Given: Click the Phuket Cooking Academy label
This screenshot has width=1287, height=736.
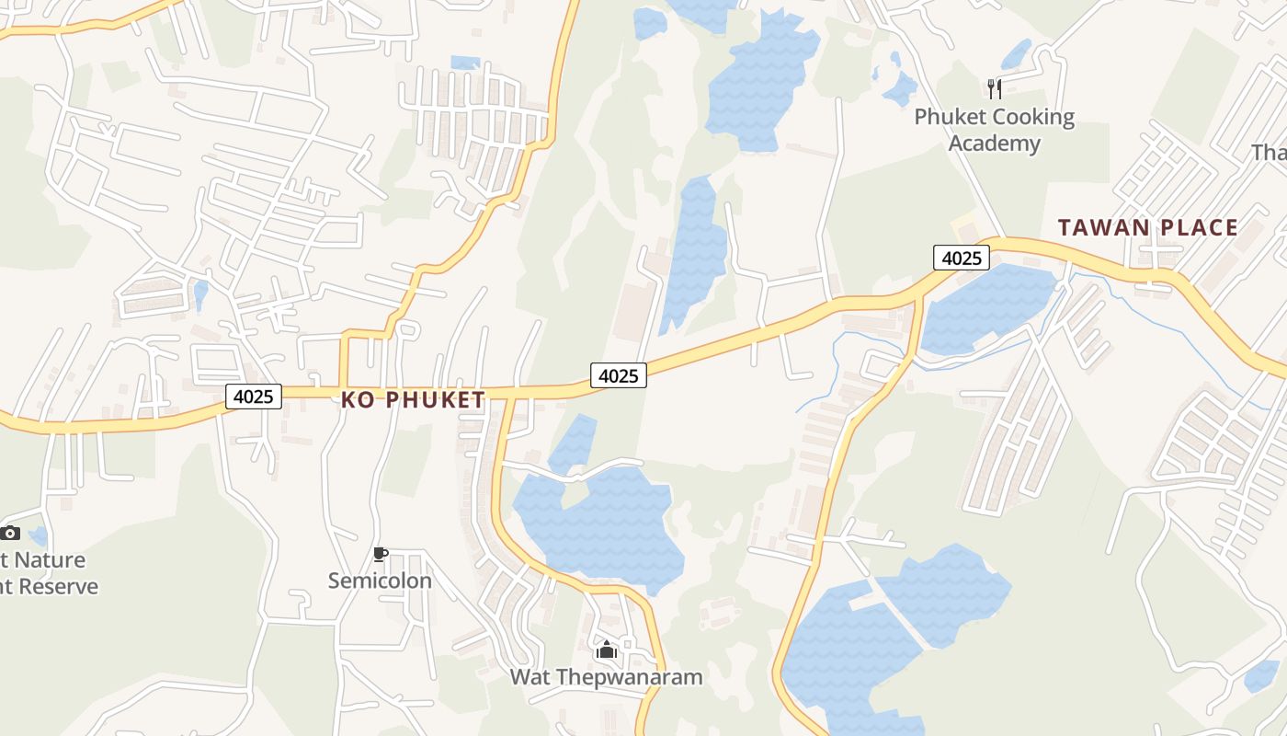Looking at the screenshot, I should tap(994, 130).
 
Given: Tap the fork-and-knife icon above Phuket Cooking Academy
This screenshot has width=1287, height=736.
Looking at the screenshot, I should tap(994, 88).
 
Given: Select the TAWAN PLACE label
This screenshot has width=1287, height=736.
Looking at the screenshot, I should tap(1147, 227).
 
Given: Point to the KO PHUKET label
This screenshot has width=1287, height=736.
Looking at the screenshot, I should tap(413, 399).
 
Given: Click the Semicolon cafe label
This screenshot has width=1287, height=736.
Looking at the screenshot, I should tap(380, 581).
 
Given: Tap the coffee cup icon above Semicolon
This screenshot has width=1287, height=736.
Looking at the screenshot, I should tap(380, 554).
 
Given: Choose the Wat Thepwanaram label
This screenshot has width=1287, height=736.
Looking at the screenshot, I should tap(606, 677).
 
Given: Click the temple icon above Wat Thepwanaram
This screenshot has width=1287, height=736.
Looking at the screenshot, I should tap(606, 650).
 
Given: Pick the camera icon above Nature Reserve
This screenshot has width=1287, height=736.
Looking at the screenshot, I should tap(10, 533).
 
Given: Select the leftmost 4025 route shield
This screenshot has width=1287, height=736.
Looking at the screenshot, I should tap(254, 397).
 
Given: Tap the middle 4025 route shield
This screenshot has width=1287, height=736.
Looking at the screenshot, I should tap(619, 375).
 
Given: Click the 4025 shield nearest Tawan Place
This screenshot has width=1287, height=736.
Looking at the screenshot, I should tap(962, 259).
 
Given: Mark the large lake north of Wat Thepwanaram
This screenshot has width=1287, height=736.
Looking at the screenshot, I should tap(607, 524).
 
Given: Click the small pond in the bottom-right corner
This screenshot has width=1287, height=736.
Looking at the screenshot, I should tap(1261, 676).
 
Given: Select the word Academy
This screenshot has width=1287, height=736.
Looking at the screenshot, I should tap(994, 144).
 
